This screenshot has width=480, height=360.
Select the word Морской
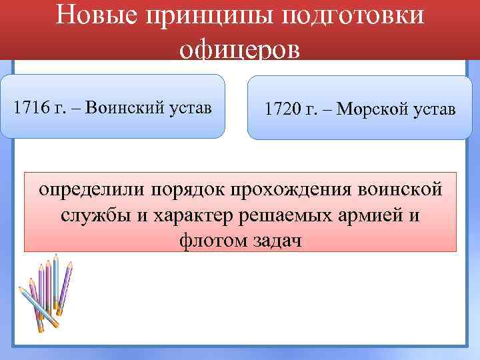(x=368, y=109)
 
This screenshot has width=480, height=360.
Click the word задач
(x=274, y=240)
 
